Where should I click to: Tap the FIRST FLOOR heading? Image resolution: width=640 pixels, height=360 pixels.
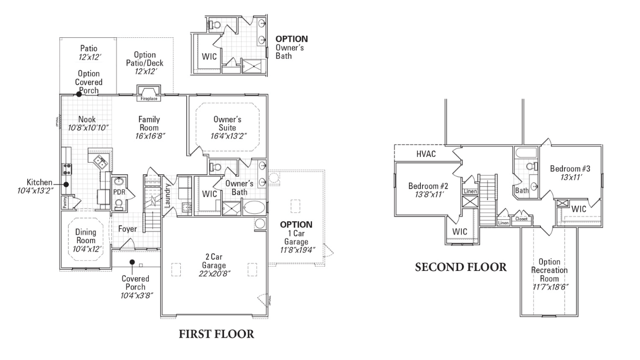tap(215, 334)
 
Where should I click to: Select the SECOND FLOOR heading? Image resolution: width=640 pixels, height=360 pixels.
tap(461, 267)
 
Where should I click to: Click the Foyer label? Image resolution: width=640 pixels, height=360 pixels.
tap(127, 229)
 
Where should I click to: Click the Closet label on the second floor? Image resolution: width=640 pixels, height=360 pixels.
tap(521, 219)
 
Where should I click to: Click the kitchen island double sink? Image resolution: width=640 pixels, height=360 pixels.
tap(99, 162)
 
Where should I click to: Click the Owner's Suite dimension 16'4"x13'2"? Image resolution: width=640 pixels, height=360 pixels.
tap(228, 136)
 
